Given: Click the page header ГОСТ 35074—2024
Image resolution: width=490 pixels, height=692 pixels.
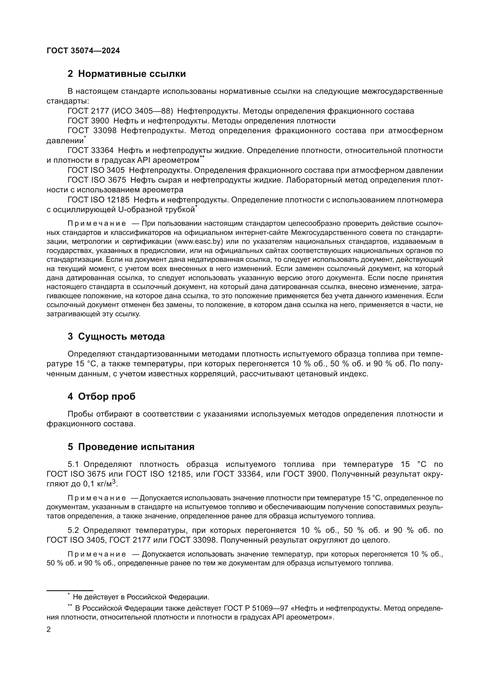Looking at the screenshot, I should [x=83, y=51].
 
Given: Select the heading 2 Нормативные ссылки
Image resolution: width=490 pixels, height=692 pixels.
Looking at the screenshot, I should [x=126, y=74].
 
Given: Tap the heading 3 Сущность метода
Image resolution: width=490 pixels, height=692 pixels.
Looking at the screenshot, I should [x=116, y=336].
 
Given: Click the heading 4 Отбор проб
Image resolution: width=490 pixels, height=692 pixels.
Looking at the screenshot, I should [x=101, y=397].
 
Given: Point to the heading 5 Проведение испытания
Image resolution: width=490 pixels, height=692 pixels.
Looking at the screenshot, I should [x=131, y=447].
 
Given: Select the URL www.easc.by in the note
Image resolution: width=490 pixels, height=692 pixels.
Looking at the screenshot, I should [x=199, y=241].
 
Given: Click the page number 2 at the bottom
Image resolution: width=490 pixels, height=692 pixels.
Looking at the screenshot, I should [x=49, y=630].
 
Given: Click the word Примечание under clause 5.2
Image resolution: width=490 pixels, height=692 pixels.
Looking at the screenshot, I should [x=97, y=554].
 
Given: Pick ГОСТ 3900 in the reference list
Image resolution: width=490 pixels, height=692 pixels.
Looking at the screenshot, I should [x=88, y=121].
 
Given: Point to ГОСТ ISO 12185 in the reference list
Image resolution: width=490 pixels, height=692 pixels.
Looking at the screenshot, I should [x=98, y=200].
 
